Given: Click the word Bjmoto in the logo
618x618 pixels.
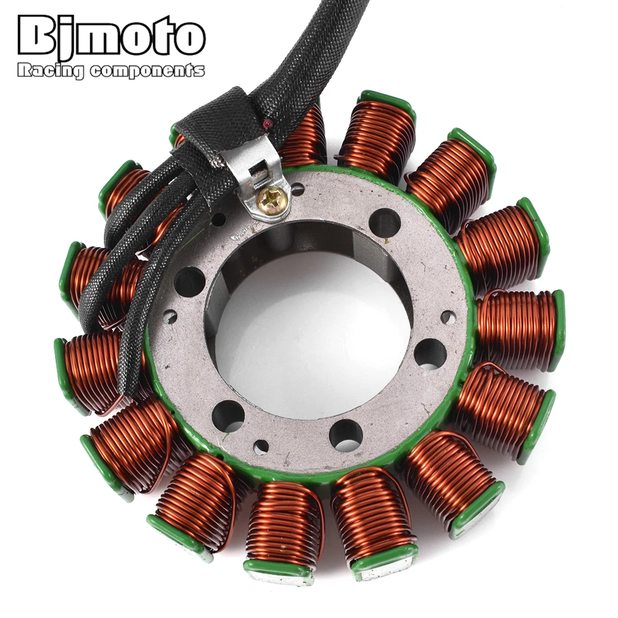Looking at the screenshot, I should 111,38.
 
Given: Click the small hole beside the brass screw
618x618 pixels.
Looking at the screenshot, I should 298,189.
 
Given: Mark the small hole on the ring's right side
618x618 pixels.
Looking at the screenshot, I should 448,317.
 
